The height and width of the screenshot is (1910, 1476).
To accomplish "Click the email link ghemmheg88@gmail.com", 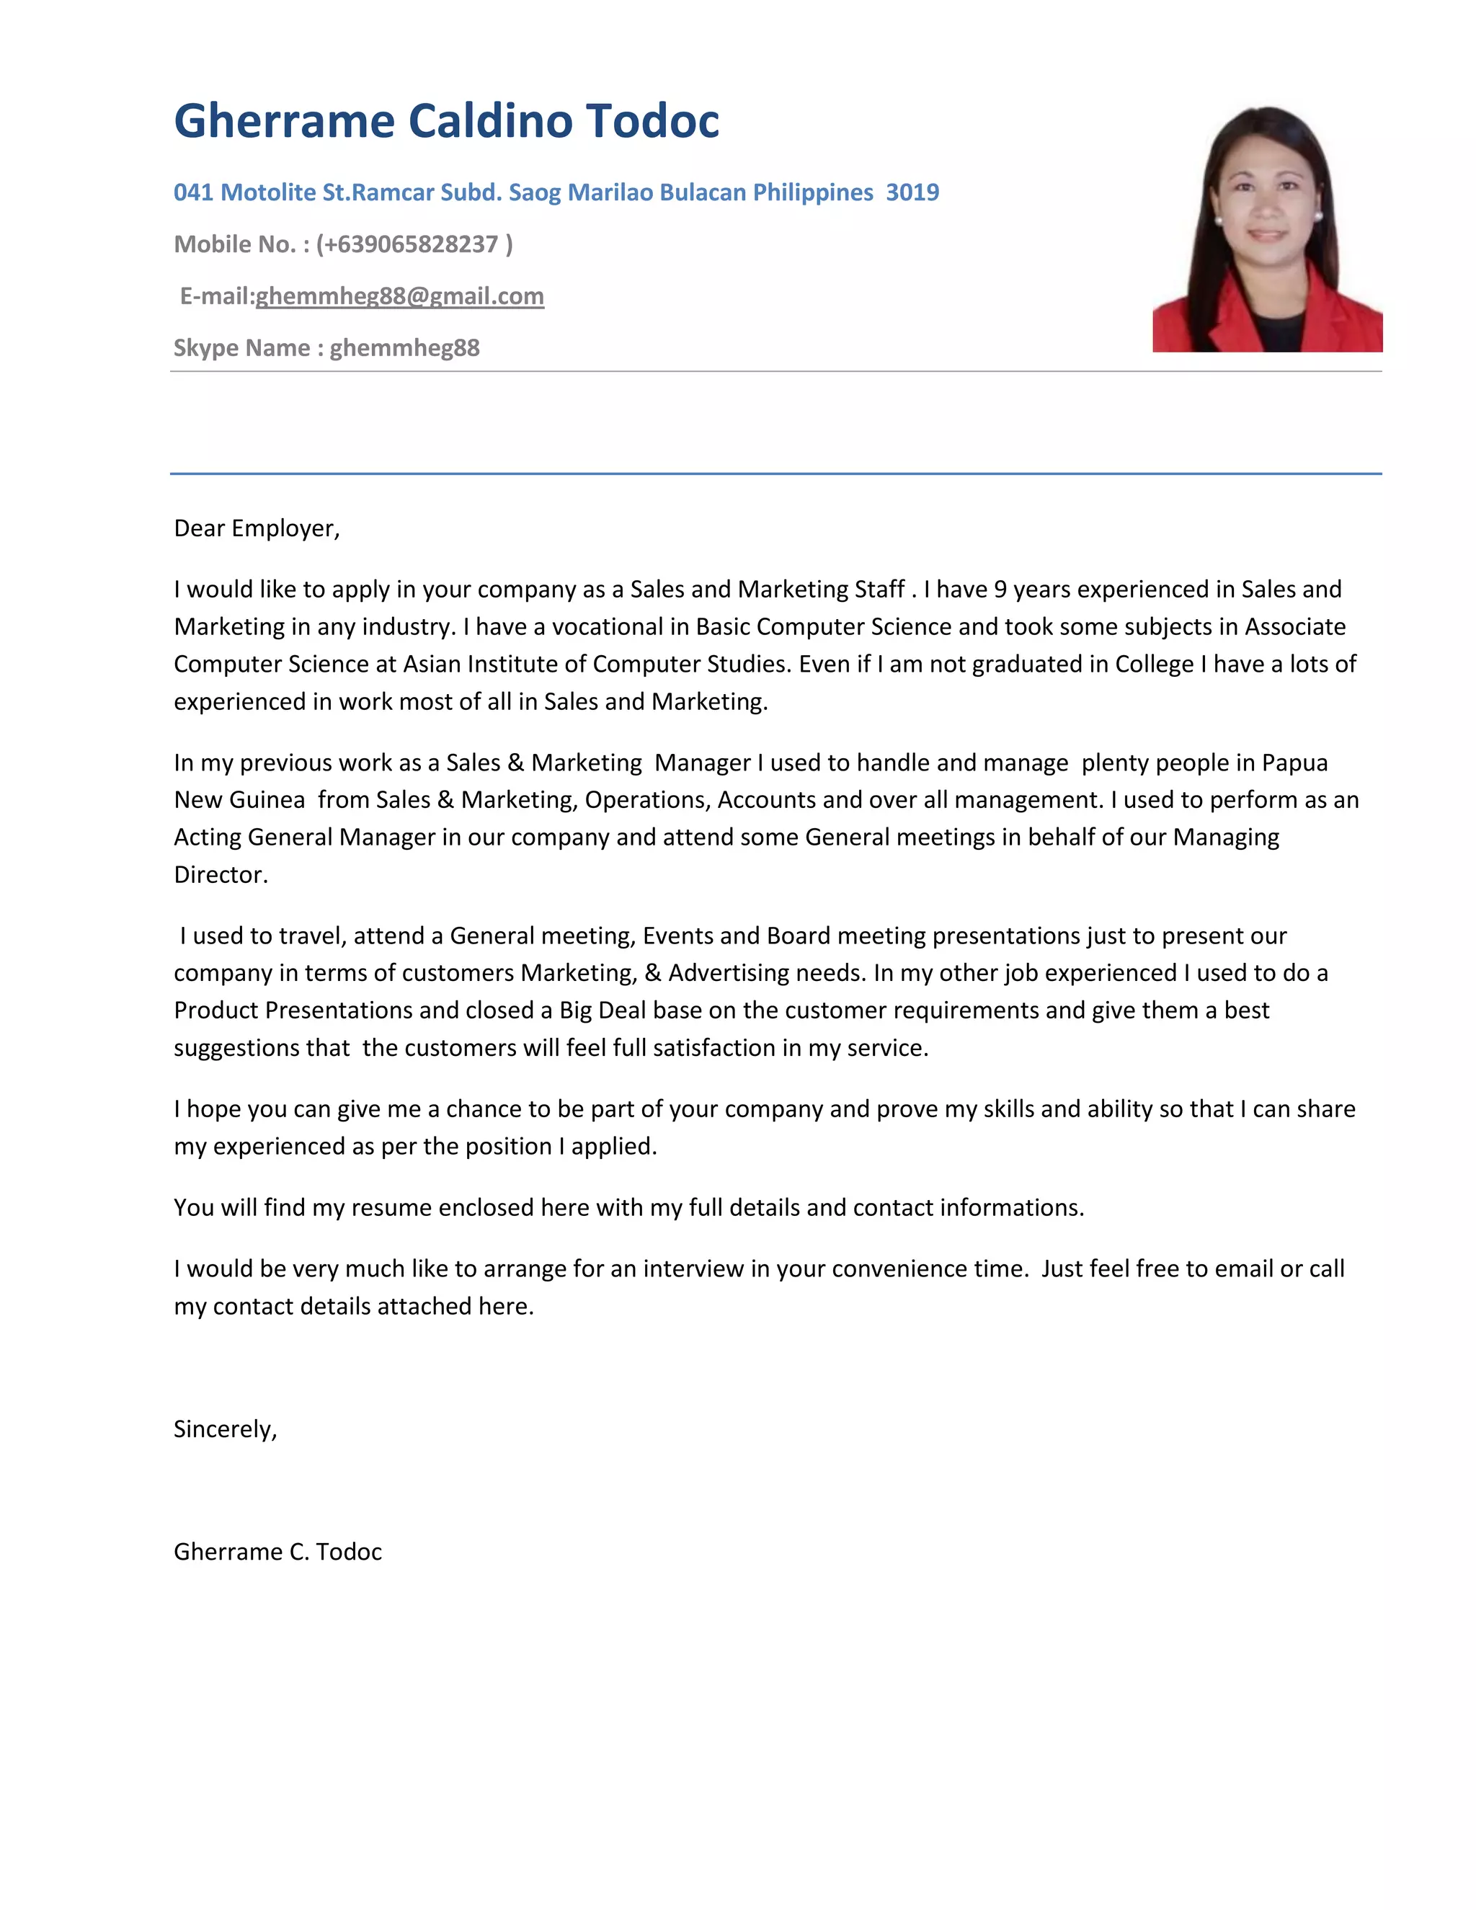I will [399, 296].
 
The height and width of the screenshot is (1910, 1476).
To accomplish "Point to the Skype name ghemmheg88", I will [404, 348].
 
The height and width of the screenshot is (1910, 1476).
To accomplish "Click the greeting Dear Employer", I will [255, 528].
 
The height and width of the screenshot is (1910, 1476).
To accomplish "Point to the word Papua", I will [1294, 763].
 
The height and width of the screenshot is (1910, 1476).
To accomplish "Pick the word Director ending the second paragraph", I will [220, 874].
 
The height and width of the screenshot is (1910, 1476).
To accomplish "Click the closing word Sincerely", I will [224, 1429].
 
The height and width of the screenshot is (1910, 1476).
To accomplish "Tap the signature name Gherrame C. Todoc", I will [278, 1552].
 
